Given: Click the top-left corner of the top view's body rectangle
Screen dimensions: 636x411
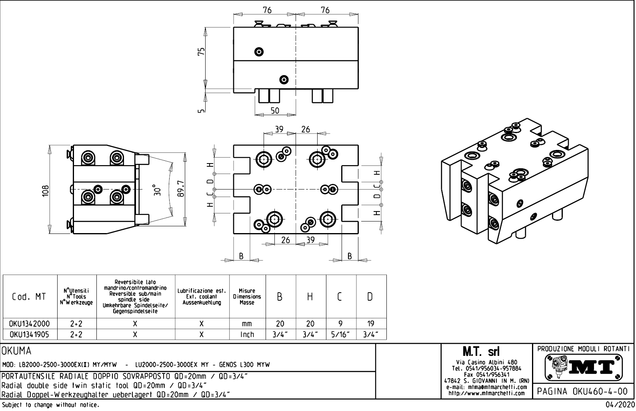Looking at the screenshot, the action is point(234,27).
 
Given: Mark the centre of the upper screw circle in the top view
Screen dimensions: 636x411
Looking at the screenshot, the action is point(259,52).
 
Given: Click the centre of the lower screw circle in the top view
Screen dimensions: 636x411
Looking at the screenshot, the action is point(284,80).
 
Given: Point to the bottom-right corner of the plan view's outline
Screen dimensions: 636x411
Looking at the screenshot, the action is point(358,233).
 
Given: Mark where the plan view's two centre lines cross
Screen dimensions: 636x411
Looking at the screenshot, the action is point(296,190).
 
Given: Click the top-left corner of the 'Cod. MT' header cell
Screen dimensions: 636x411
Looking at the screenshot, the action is point(3,275).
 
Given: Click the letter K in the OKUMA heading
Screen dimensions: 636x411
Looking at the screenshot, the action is point(11,351).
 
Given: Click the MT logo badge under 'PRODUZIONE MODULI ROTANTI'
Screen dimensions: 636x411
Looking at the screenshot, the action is point(584,367).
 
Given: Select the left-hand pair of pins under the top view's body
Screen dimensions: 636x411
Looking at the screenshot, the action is point(269,96).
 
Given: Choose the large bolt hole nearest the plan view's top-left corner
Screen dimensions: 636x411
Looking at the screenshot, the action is point(264,160).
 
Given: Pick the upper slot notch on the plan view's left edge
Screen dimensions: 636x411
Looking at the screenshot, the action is point(242,165).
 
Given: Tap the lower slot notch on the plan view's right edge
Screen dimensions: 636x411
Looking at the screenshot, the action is point(350,213).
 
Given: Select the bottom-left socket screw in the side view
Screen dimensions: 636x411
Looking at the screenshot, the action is point(88,197).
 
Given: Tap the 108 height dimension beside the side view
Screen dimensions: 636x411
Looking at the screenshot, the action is point(46,190).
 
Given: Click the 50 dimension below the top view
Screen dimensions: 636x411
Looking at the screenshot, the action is point(275,111).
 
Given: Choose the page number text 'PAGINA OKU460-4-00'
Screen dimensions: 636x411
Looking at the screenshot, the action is point(582,391).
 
